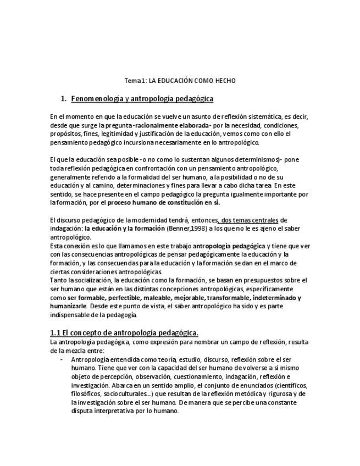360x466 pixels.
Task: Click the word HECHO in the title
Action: click(x=225, y=81)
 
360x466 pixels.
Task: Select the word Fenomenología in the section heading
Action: click(x=98, y=98)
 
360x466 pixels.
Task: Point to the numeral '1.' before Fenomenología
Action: click(x=64, y=98)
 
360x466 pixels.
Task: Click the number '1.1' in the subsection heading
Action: click(x=55, y=332)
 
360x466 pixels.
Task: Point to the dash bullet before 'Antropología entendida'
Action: click(x=61, y=359)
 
